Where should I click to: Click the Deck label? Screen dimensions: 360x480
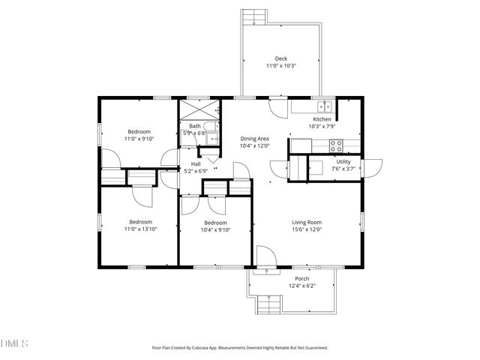(280, 58)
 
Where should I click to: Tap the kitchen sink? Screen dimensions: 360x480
(323, 106)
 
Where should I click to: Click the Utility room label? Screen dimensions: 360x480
(343, 161)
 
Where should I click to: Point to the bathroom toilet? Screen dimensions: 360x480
(214, 139)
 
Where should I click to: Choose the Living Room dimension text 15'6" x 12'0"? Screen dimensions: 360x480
(307, 230)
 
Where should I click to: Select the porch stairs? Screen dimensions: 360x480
(268, 304)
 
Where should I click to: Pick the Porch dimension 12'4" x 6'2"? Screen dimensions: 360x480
(302, 286)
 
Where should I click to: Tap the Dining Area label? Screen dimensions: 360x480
(254, 139)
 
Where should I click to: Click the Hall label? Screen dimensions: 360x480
(196, 163)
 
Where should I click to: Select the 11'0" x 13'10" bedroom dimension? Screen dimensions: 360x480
(141, 230)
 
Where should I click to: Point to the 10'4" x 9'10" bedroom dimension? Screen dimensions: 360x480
(215, 230)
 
